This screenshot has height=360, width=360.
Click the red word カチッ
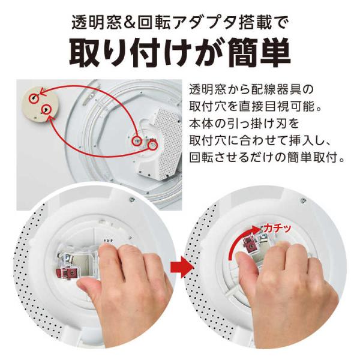(277, 228)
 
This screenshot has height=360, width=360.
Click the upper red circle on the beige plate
(34, 98)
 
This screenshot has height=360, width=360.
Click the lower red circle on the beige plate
(47, 110)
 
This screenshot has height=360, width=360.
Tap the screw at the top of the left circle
(132, 200)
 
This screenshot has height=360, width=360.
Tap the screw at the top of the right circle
(304, 200)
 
